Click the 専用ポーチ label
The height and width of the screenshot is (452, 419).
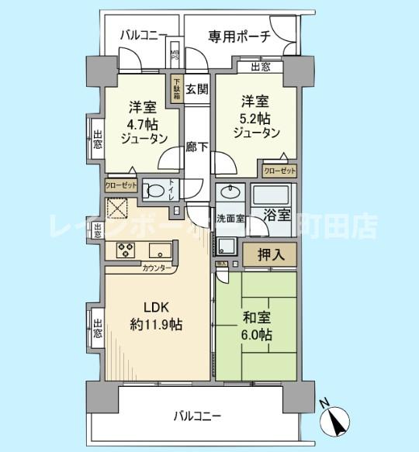[239, 36]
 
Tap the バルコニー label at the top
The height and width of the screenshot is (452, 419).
[144, 36]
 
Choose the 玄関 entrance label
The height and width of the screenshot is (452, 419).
[197, 88]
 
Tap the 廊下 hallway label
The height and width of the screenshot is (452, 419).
[196, 147]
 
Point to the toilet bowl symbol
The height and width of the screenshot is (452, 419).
[155, 191]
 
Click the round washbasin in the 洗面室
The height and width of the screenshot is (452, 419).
[230, 192]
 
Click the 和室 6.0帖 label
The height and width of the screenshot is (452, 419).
[255, 325]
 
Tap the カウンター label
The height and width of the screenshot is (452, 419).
[158, 267]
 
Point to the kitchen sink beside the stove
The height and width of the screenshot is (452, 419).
[160, 250]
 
